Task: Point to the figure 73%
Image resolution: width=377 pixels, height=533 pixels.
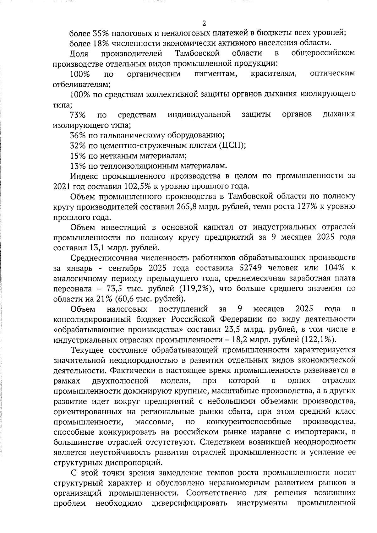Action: tap(78, 115)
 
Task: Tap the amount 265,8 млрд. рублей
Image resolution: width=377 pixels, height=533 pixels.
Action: tap(196, 207)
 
